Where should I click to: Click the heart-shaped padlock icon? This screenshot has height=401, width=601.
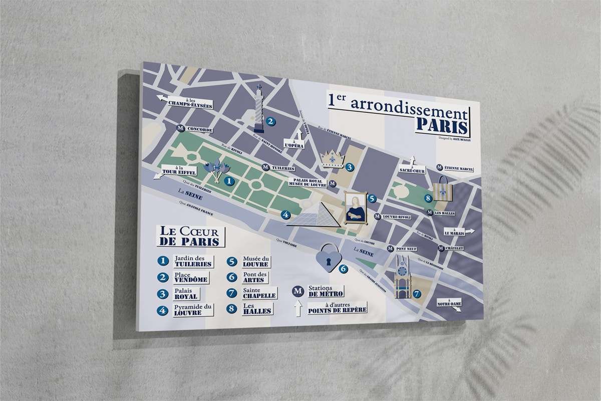pos(329,259)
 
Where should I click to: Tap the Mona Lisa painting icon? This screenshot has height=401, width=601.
pos(356,209)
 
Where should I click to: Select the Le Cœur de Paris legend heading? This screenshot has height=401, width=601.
pos(190,236)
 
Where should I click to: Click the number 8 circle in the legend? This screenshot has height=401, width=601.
pos(231,308)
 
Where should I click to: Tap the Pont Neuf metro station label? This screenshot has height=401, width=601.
pos(404,248)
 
